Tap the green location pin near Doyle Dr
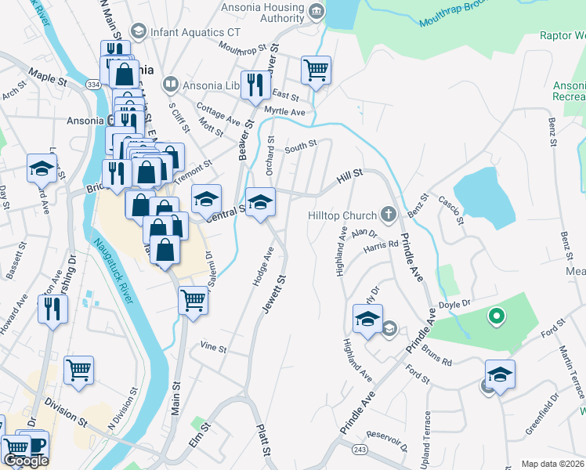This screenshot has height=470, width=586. click(495, 316)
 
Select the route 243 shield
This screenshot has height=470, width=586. click(359, 448)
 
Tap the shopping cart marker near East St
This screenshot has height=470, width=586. click(316, 70)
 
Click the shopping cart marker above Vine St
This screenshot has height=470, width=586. click(193, 299)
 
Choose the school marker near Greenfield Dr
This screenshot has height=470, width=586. click(500, 374)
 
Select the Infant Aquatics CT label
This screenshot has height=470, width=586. click(196, 31)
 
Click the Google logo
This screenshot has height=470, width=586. click(26, 461)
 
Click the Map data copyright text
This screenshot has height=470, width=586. click(553, 464)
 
